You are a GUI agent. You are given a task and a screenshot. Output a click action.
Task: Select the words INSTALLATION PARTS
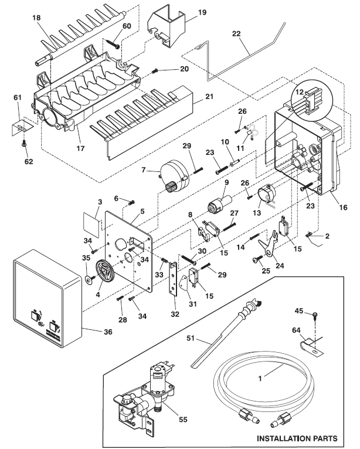pos(297,438)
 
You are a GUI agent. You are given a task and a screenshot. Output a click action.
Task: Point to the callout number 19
pos(185,11)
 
